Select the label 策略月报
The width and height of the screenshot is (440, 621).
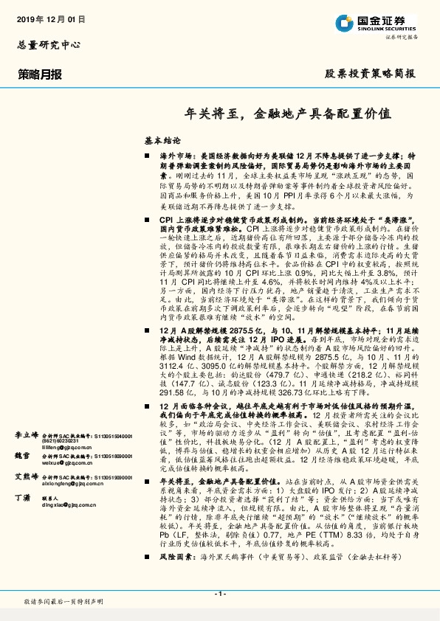coord(40,74)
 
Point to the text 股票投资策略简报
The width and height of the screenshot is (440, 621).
coord(371,74)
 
